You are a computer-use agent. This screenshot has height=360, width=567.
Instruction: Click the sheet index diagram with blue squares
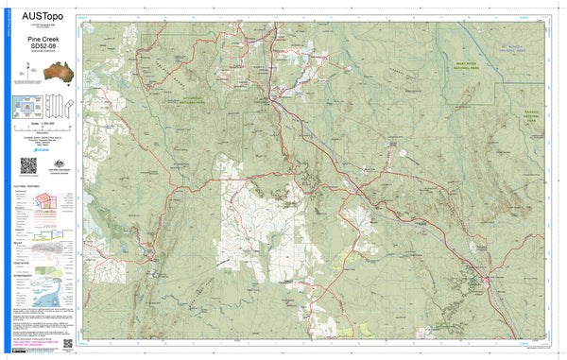click(x=26, y=107)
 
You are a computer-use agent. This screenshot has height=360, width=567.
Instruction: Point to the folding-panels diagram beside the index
click(x=58, y=106)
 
